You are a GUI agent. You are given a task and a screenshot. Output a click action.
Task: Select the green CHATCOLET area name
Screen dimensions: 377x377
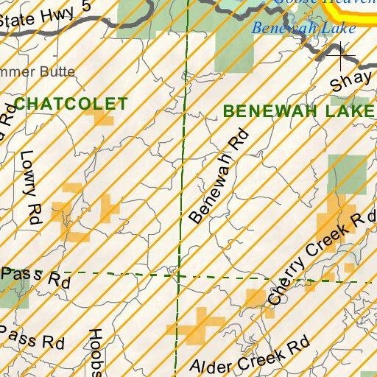[71, 104]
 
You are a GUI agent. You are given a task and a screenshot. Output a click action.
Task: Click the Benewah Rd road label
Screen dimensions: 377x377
[219, 177]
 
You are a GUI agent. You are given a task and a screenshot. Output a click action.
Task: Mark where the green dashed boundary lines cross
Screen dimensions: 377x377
[178, 276]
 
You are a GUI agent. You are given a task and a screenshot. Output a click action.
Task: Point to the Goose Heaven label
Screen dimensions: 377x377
[324, 2]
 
